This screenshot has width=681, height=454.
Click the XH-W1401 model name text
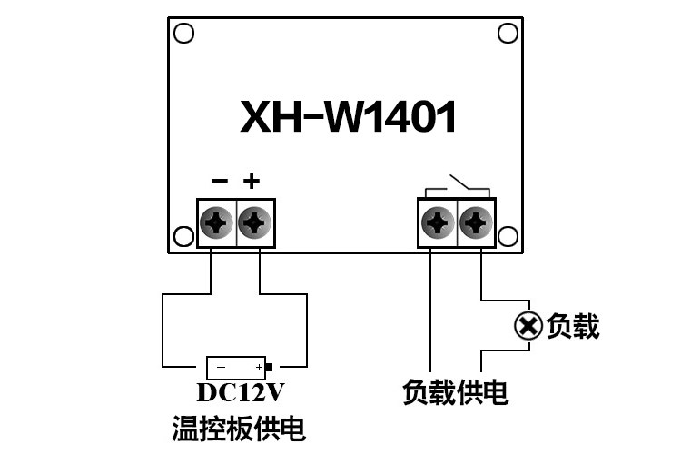point(348,116)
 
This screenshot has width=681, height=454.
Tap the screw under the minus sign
point(216,222)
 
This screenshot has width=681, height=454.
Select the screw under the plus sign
point(255,222)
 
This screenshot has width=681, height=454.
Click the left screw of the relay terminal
point(438,222)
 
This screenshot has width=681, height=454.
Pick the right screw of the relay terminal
point(476,222)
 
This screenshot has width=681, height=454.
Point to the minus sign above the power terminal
point(220,181)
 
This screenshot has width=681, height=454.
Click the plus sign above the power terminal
point(252,181)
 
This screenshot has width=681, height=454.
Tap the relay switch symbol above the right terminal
point(458,186)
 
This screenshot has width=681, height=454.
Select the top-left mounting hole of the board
point(183,34)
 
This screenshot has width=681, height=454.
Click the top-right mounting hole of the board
point(508,34)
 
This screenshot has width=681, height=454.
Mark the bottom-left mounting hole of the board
point(183,236)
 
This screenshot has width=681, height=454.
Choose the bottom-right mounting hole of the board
point(508,236)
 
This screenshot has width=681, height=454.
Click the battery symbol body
point(235,368)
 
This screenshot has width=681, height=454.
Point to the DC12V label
point(241,392)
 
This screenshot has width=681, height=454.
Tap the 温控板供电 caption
point(239,429)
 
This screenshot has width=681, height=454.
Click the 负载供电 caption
point(455,392)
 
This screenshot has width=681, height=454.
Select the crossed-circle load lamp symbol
point(528,325)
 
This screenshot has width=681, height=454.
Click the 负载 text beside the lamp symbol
point(573,326)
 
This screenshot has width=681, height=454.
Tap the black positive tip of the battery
point(269,368)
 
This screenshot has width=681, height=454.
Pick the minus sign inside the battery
point(221,368)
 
